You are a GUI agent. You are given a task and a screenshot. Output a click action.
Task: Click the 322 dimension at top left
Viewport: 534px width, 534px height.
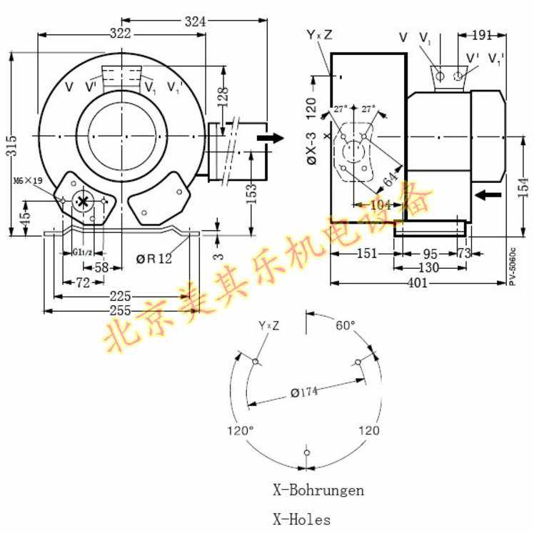120,34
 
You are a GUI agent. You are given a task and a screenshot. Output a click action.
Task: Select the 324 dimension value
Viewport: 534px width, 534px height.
195,21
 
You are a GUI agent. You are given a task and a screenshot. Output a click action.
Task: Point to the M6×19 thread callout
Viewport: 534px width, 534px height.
27,181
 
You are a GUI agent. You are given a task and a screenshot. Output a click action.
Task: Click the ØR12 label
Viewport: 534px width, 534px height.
154,259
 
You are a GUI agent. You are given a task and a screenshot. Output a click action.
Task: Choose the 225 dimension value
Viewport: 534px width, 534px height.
119,296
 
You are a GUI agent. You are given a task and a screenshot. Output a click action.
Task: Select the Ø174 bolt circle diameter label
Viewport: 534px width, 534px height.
304,391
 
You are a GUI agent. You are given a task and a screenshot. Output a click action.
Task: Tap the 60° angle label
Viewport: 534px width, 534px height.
346,325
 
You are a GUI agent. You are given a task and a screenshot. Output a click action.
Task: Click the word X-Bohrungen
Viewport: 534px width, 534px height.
318,490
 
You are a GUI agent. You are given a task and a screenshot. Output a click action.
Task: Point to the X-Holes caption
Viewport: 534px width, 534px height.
302,520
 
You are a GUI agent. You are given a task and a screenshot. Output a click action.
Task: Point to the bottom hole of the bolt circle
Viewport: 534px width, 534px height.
306,453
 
